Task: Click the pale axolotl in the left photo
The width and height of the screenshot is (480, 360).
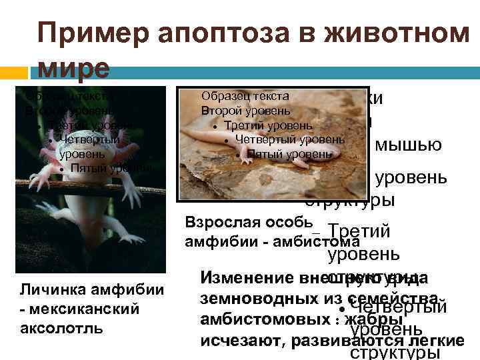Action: point(80,173)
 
